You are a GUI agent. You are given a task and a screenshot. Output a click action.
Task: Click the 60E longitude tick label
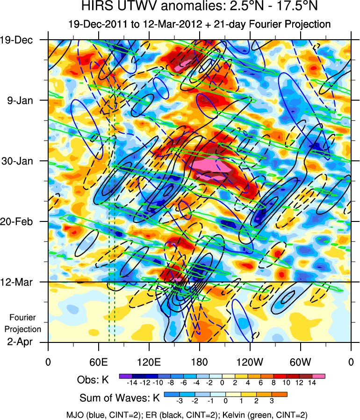click(x=98, y=362)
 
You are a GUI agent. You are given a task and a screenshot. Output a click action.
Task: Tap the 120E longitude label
click(x=149, y=362)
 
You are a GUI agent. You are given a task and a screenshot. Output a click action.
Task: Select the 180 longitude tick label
click(x=200, y=362)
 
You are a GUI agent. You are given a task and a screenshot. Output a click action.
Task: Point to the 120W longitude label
click(x=250, y=362)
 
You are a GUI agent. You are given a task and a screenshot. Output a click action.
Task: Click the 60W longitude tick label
click(x=301, y=362)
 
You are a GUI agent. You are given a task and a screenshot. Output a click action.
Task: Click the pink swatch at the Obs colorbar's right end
click(x=320, y=376)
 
